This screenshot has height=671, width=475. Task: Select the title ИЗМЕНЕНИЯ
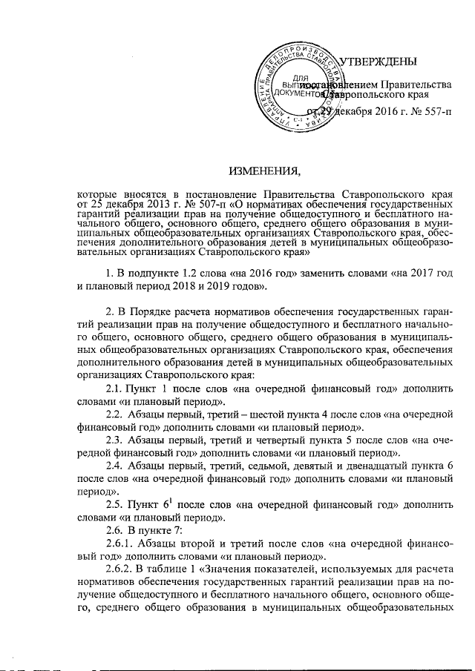click(264, 173)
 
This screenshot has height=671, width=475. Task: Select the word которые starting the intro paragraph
click(96, 192)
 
